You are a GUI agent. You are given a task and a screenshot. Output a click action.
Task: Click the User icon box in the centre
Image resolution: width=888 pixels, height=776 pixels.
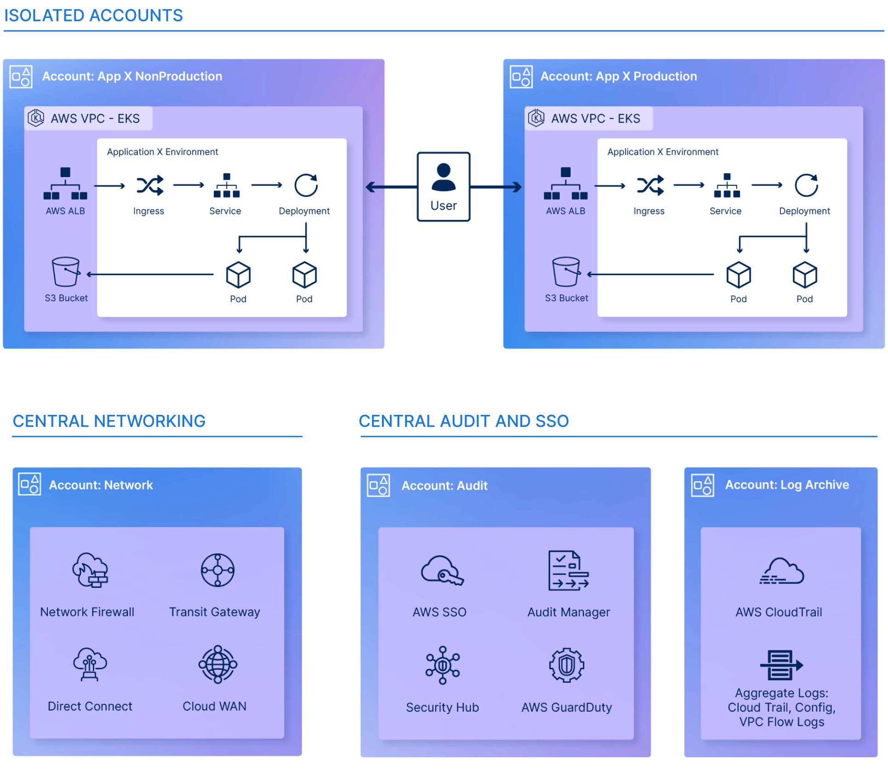[444, 186]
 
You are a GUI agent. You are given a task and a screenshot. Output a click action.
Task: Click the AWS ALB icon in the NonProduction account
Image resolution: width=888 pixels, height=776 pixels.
[65, 184]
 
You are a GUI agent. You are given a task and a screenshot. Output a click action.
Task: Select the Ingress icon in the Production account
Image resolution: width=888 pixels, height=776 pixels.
[650, 185]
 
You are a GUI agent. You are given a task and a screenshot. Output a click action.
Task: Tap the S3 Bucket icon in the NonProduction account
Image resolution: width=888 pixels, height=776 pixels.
[66, 272]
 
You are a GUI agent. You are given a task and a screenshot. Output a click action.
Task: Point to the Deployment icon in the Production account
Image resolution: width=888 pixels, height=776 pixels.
[806, 185]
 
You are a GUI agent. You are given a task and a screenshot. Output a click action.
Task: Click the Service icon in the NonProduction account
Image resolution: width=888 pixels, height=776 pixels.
[226, 185]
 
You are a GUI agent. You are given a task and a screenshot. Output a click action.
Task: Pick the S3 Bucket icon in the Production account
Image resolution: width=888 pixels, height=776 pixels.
[566, 272]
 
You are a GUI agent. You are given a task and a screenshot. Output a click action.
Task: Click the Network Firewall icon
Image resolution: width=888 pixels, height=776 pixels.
[90, 570]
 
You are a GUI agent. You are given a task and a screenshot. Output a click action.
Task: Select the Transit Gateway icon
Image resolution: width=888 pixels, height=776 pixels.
[217, 570]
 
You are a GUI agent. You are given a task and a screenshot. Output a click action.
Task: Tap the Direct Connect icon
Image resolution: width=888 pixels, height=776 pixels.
[90, 664]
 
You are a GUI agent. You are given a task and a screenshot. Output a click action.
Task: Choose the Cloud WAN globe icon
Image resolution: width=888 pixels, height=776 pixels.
[217, 664]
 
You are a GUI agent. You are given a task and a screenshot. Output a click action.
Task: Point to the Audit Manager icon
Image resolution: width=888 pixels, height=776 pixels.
[568, 570]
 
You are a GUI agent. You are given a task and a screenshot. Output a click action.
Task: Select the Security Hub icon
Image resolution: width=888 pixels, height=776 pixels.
[442, 665]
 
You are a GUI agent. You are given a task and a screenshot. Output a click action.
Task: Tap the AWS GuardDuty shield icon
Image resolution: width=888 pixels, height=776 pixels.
[567, 665]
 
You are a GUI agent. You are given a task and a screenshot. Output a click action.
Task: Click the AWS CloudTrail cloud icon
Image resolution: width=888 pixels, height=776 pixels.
[781, 571]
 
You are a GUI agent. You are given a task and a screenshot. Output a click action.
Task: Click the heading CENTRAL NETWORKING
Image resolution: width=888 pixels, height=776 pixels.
[109, 421]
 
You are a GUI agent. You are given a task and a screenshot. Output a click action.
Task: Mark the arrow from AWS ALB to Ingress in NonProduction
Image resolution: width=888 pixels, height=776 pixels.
[109, 186]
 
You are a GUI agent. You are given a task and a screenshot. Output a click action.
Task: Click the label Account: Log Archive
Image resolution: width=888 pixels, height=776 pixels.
[787, 485]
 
